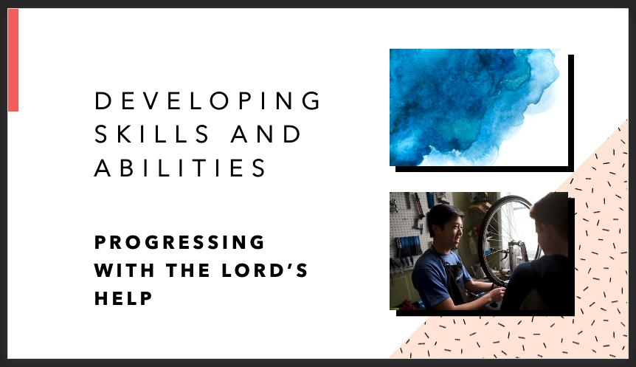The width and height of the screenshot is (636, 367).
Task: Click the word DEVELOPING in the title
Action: (207, 100)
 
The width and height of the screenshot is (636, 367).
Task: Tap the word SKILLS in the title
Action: (152, 134)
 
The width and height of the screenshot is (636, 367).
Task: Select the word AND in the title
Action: (266, 134)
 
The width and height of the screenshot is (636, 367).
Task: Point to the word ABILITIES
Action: (180, 168)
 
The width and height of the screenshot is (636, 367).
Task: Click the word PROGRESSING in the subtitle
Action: (179, 242)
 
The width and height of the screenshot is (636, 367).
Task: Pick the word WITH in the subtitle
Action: (125, 270)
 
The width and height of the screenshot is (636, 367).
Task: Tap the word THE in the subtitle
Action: (188, 270)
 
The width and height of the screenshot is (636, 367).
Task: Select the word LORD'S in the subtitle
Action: (265, 270)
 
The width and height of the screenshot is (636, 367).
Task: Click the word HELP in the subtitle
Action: (123, 298)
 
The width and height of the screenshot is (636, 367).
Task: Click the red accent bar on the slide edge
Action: (13, 60)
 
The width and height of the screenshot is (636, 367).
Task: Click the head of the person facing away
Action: (550, 222)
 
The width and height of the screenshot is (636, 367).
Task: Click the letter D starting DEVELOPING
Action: (103, 100)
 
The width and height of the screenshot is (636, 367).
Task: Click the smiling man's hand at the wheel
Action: (497, 293)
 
